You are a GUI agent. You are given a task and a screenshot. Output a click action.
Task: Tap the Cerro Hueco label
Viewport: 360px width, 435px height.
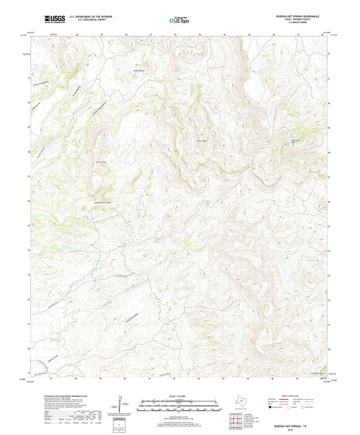(x=201, y=140)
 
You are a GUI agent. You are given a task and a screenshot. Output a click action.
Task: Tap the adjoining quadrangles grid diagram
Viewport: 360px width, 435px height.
(x=236, y=421)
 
